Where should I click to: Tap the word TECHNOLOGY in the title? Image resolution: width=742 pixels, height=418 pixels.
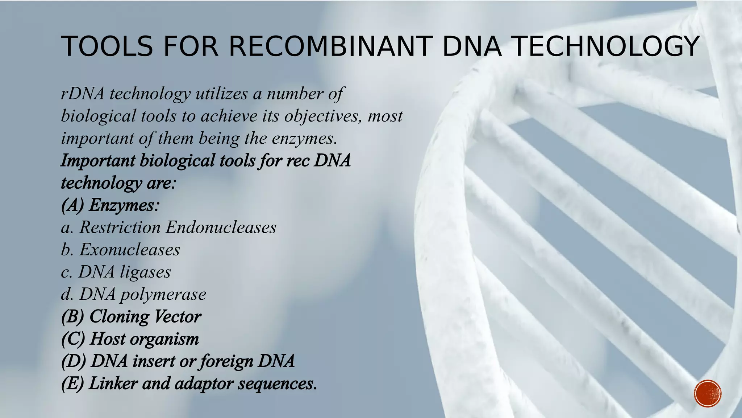click(x=607, y=46)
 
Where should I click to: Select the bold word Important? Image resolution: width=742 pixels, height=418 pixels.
click(x=98, y=160)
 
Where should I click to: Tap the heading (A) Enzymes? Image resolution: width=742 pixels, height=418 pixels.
click(x=110, y=205)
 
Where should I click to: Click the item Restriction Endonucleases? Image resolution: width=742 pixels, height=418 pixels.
click(x=178, y=228)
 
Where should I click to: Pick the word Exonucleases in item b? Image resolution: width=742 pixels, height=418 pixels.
click(x=129, y=250)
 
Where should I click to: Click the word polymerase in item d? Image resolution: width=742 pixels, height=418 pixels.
click(x=163, y=294)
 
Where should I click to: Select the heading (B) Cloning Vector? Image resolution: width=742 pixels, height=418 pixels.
click(x=131, y=316)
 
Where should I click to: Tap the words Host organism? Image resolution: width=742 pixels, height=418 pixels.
click(x=144, y=339)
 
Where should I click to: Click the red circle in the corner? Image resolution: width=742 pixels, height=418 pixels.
click(x=708, y=394)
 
